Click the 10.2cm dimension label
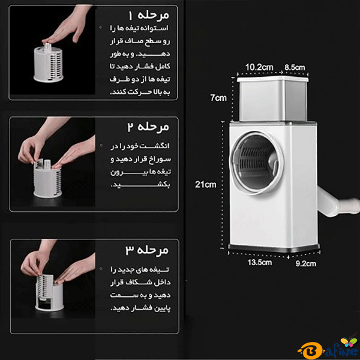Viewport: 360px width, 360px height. click(x=259, y=67)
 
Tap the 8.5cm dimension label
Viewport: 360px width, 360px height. click(x=295, y=67)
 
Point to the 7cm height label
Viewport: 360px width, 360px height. click(x=218, y=98)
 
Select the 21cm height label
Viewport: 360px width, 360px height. click(x=206, y=184)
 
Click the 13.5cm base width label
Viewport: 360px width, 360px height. click(x=260, y=262)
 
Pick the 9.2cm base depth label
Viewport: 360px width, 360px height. click(x=306, y=263)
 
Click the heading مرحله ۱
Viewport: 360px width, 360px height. click(x=149, y=16)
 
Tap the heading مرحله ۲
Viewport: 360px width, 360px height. click(x=148, y=127)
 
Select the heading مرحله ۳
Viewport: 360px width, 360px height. click(x=147, y=250)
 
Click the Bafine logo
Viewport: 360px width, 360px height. click(x=329, y=347)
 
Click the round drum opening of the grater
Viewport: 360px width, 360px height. click(x=256, y=163)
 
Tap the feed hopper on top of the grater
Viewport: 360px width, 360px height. click(x=273, y=99)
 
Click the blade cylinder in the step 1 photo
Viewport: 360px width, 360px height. click(x=48, y=62)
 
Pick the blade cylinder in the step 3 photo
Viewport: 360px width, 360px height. click(x=49, y=292)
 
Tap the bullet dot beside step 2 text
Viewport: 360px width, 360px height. click(x=101, y=146)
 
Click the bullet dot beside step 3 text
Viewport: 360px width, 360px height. click(x=101, y=269)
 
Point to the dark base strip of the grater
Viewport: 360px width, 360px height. click(x=274, y=248)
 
